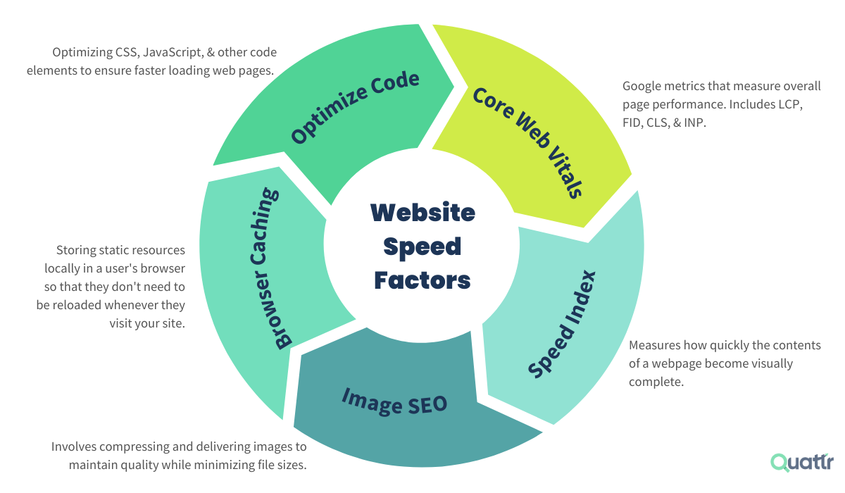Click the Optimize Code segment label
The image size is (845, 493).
356,107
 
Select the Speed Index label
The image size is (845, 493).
562,323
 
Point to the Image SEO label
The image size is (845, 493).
394,401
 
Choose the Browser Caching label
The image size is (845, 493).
274,268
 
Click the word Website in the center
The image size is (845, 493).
423,212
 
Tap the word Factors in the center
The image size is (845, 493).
423,280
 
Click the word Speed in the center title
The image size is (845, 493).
423,246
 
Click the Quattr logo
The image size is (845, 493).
802,462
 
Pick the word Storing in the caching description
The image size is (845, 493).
75,251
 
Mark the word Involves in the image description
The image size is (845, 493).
73,447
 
